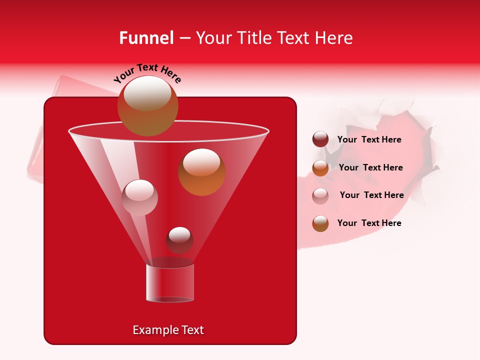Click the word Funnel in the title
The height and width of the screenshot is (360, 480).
pos(146,38)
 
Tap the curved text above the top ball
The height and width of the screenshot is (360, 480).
pos(147,73)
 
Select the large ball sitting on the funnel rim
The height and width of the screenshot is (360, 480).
pos(147,106)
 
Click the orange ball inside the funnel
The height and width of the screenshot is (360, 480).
pos(201,172)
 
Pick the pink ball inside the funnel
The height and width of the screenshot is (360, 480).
pos(139,197)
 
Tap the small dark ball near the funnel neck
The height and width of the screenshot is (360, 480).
pos(179,240)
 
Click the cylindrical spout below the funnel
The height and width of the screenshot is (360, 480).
pos(169,283)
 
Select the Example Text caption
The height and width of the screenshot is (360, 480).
pos(168,330)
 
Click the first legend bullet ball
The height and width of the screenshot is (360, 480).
pos(320,139)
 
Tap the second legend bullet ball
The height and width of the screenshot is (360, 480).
pos(320,168)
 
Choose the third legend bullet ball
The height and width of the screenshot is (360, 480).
pos(320,195)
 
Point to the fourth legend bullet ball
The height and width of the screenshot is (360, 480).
pos(320,223)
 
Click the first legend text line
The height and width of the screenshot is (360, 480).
pos(369,139)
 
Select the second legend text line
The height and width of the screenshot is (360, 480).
pos(370,167)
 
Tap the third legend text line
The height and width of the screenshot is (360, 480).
pos(371,195)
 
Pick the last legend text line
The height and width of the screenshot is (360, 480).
pos(369,223)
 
